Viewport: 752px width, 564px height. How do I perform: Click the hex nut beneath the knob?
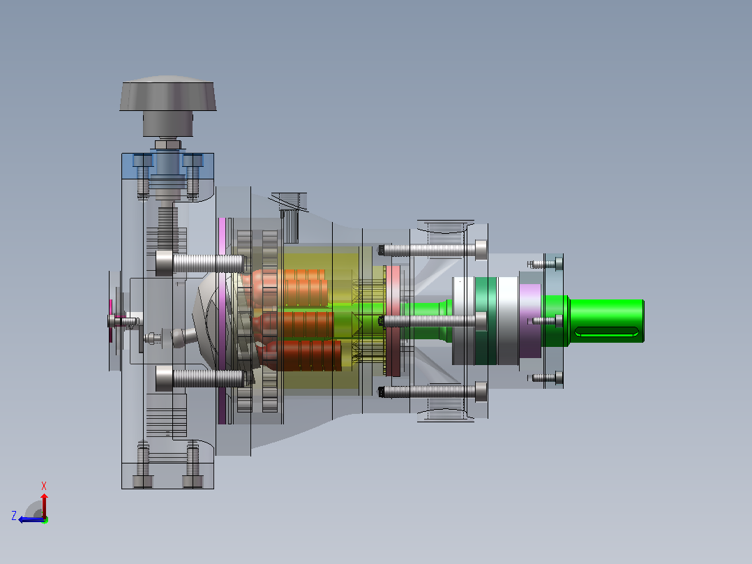pos(168,144)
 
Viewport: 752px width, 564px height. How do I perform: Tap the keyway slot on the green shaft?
pos(607,332)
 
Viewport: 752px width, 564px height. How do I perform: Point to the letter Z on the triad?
pos(14,516)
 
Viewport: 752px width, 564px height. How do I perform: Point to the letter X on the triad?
pos(44,486)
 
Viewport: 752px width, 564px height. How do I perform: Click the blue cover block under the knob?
pos(168,166)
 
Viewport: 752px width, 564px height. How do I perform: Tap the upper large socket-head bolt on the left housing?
pos(200,264)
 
